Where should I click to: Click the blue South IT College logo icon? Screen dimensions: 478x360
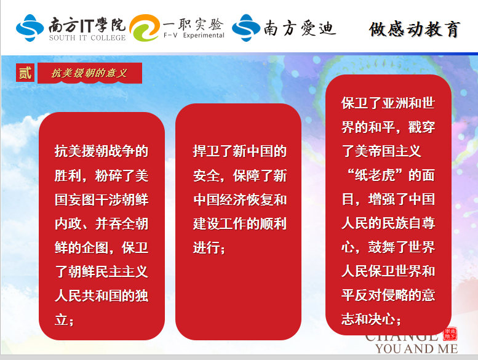pyautogui.click(x=30, y=28)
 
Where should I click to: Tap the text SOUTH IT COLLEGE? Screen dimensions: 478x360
pyautogui.click(x=87, y=38)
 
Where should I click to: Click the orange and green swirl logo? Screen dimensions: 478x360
pyautogui.click(x=145, y=28)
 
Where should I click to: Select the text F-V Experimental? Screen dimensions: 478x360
pyautogui.click(x=194, y=35)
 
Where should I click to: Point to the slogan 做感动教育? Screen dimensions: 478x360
pyautogui.click(x=414, y=30)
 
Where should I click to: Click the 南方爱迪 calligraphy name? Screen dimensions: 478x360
pyautogui.click(x=300, y=28)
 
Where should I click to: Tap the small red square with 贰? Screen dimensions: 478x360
pyautogui.click(x=25, y=73)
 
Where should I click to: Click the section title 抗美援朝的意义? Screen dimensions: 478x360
pyautogui.click(x=89, y=73)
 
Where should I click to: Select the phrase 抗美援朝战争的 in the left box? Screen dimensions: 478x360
pyautogui.click(x=102, y=151)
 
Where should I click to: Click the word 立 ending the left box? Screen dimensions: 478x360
pyautogui.click(x=62, y=320)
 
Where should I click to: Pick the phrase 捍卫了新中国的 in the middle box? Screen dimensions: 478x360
pyautogui.click(x=239, y=151)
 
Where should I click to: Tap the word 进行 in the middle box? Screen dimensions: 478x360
pyautogui.click(x=206, y=247)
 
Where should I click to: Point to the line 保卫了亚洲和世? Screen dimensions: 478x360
pyautogui.click(x=388, y=103)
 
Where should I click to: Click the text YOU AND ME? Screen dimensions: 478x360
pyautogui.click(x=416, y=349)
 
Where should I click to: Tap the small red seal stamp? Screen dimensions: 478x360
pyautogui.click(x=450, y=334)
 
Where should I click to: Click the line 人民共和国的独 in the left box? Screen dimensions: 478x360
pyautogui.click(x=102, y=295)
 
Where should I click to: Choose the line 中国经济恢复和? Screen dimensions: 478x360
pyautogui.click(x=239, y=199)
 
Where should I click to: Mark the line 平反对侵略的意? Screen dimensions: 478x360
pyautogui.click(x=388, y=295)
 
